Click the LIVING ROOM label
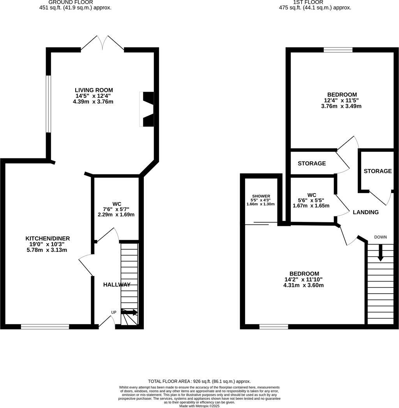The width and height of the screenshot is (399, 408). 94,90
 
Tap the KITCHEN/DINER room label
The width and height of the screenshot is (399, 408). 48,238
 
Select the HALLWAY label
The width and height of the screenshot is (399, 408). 117,285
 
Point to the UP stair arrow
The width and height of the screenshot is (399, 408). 129,312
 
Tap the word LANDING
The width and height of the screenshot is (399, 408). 365,212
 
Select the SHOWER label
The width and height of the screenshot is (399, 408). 261,196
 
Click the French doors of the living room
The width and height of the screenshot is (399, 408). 102,43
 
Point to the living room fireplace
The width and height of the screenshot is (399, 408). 147,109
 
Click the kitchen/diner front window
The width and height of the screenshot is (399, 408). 45,327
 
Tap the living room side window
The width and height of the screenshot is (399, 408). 49,104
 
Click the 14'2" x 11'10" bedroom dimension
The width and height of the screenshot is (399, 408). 304,279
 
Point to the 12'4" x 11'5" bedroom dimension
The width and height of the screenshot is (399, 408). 342,100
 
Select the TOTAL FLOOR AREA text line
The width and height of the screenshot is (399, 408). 199,381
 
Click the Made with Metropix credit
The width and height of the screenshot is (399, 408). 199,406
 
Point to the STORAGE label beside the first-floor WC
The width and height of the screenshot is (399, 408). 312,164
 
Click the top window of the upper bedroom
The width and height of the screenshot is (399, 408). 338,49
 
